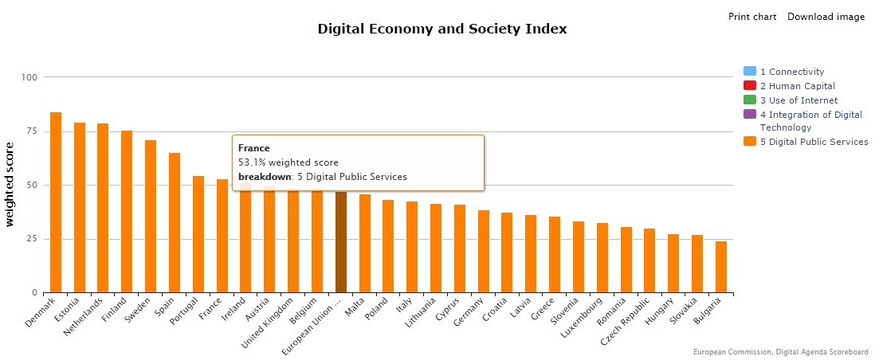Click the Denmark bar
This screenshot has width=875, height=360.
coord(56,202)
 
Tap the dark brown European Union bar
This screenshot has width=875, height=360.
coord(341,242)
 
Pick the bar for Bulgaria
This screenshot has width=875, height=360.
coord(721,267)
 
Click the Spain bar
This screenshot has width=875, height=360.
coord(175,222)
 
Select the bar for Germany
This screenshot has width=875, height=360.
coord(484,252)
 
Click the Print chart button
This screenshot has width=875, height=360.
coord(752,17)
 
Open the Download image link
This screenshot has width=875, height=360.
coord(826,17)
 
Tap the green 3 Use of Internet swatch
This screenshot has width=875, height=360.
coord(749,100)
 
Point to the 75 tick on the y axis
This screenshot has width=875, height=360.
coord(29,131)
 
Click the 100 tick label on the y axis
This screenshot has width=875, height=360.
coord(29,77)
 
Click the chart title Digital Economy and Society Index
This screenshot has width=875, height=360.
coord(442,29)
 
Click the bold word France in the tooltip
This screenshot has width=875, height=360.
coord(254,148)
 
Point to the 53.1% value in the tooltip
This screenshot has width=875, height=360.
coord(253,162)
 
